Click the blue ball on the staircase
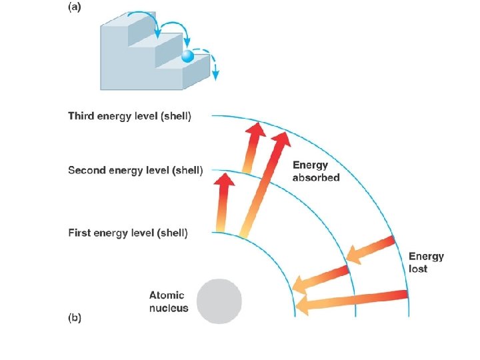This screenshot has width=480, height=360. click(187, 57)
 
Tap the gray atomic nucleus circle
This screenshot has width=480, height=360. click(219, 301)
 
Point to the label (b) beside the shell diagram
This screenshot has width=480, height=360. click(75, 319)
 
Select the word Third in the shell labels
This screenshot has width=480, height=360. click(83, 117)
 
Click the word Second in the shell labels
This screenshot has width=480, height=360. click(88, 171)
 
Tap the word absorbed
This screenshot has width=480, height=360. click(316, 178)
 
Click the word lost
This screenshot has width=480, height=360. click(418, 269)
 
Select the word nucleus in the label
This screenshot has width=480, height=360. click(169, 308)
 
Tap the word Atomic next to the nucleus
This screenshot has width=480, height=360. click(167, 295)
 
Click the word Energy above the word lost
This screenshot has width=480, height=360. click(426, 257)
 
